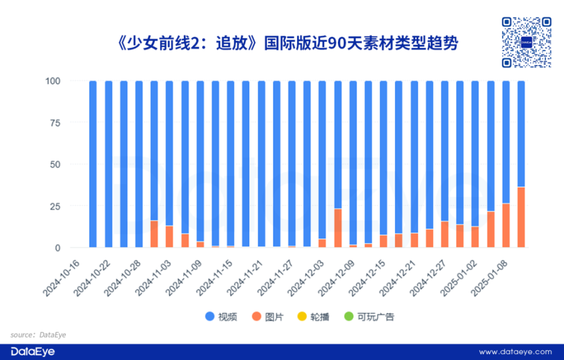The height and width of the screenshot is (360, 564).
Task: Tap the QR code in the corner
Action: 527,42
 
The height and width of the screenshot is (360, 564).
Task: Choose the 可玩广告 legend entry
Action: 370,317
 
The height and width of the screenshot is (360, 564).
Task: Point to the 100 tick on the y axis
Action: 54,81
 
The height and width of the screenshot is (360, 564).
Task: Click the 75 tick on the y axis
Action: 56,123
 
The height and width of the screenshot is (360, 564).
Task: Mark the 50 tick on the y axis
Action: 56,164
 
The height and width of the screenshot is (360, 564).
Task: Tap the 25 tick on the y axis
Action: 56,206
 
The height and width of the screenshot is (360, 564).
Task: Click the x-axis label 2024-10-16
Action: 63,277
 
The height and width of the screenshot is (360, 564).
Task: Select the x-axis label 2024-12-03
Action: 308,277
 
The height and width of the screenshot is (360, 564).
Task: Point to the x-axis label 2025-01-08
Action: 492,277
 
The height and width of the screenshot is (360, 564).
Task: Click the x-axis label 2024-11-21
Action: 247,277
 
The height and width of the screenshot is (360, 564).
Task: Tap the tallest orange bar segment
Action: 521,217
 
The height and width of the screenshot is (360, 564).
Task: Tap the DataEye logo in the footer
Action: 32,352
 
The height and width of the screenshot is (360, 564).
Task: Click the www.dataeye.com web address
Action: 515,352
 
